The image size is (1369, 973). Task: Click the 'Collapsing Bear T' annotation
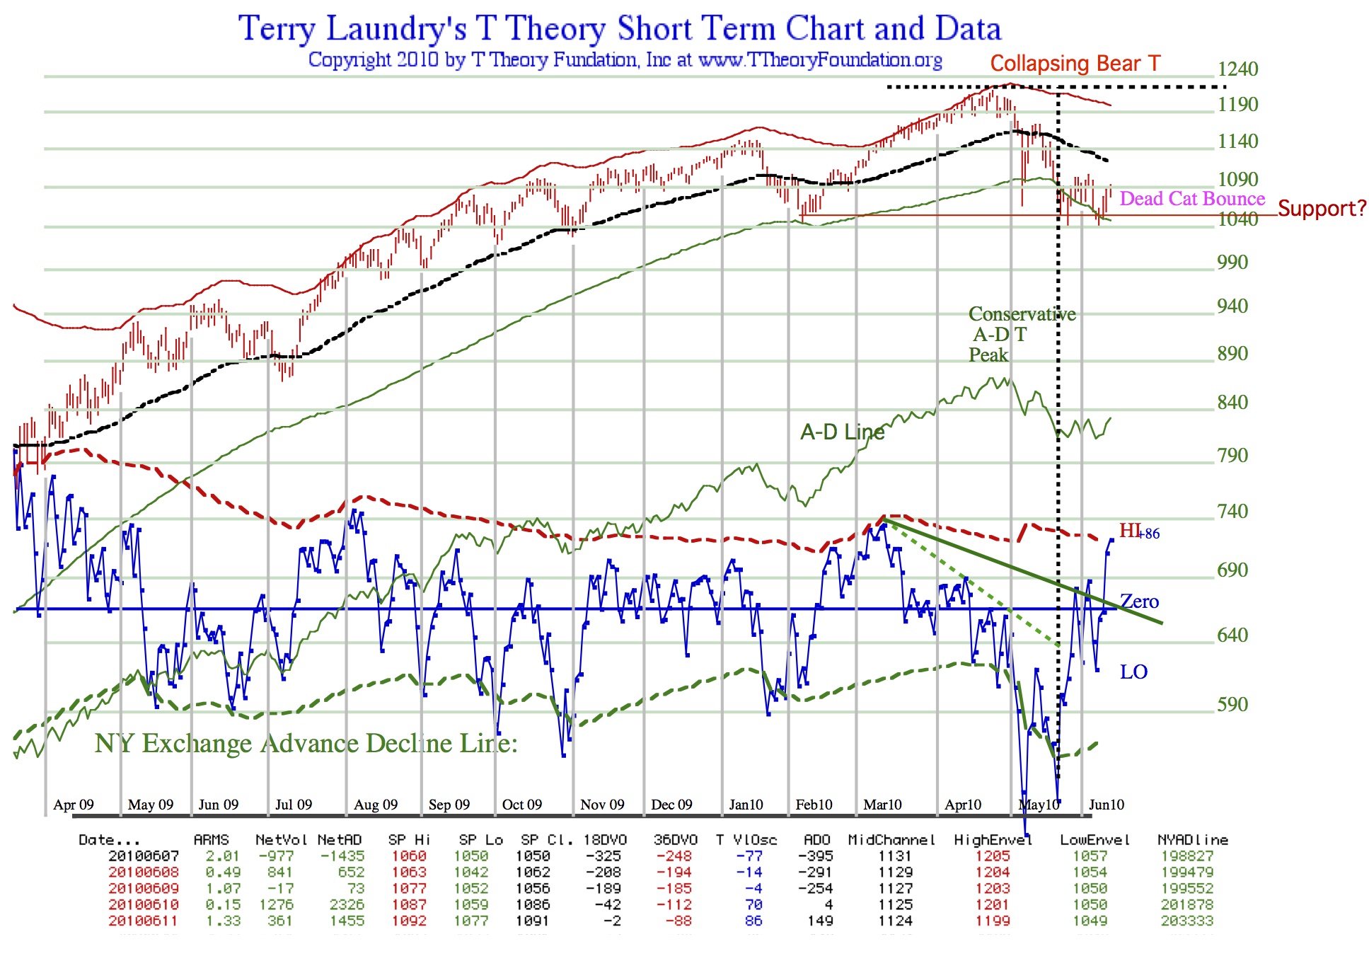coord(1075,64)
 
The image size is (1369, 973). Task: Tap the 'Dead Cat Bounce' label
coord(1191,199)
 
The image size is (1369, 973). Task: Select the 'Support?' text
coord(1322,209)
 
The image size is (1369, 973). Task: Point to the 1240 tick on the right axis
coord(1237,69)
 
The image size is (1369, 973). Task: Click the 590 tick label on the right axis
coord(1232,704)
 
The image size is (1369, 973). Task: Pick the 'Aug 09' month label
coord(376,805)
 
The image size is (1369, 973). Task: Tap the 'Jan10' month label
coord(746,805)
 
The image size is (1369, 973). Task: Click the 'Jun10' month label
coord(1106,805)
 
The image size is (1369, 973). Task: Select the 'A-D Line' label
coord(842,432)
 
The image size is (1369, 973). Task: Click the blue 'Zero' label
coord(1139,601)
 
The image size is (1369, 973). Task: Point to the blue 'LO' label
coord(1133,672)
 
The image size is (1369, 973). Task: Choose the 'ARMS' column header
coord(211,840)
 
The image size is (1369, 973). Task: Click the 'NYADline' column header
coord(1192,840)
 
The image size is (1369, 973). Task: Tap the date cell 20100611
coord(143,921)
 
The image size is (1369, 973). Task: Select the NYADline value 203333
coord(1186,921)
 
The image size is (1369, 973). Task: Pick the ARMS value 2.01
coord(223,856)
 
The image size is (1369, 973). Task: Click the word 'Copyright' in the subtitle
coord(350,59)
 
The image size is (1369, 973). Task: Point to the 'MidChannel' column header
coord(891,840)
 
